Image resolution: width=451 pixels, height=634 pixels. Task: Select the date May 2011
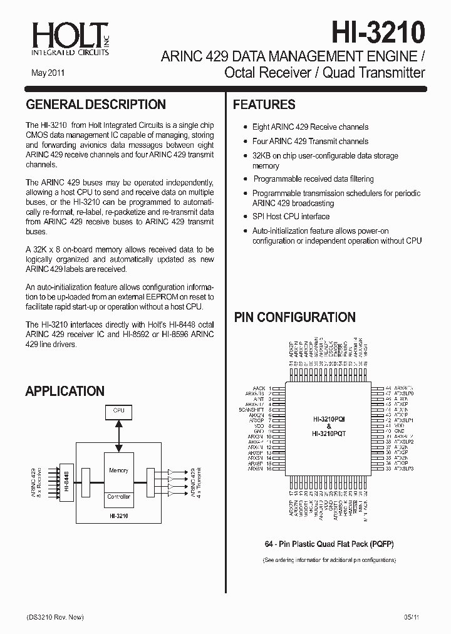(x=47, y=73)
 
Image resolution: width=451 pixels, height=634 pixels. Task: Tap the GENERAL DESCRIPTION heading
(x=96, y=105)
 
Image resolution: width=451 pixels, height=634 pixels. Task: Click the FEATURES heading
(x=264, y=105)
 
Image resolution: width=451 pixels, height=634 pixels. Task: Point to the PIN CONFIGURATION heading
(x=294, y=317)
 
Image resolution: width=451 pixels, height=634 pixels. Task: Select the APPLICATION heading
(x=65, y=392)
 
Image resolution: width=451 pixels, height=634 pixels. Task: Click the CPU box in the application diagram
(x=118, y=411)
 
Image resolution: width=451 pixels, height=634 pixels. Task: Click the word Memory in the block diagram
(x=118, y=470)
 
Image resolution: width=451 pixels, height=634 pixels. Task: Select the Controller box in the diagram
(x=118, y=497)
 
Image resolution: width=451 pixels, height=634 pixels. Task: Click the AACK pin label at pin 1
(x=259, y=388)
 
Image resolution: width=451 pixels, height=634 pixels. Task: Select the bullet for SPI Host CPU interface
(x=246, y=217)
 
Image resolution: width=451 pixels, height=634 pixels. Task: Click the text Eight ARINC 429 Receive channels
(x=310, y=127)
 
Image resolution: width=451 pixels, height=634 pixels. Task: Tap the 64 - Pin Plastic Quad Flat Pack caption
(x=328, y=544)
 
